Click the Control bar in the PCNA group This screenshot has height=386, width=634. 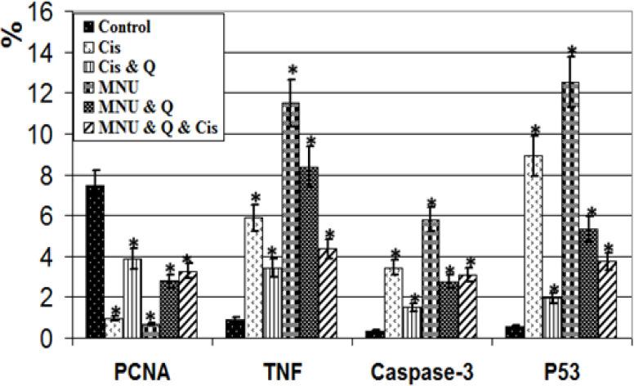(x=95, y=262)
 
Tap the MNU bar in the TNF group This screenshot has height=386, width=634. (x=291, y=220)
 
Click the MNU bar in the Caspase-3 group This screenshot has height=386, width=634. (x=431, y=278)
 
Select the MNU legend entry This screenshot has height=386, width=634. (x=118, y=86)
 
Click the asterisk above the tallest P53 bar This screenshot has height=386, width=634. (x=572, y=52)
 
